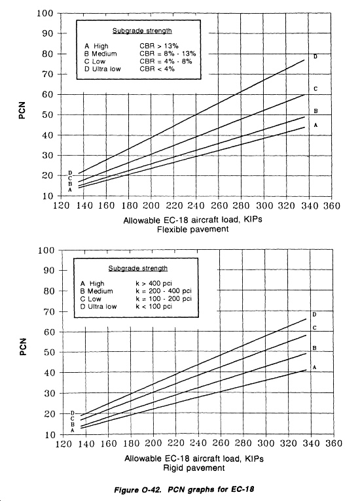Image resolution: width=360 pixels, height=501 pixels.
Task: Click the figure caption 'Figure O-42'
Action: [x=139, y=489]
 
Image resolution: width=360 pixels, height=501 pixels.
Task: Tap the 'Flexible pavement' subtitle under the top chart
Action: [x=193, y=229]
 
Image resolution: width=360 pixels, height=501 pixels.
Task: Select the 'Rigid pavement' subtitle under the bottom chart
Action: [x=194, y=468]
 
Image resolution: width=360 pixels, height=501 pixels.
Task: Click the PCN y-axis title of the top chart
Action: [x=22, y=111]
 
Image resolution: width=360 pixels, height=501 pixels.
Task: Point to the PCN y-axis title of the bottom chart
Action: [x=22, y=347]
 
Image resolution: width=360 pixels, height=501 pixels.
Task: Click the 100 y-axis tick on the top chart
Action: [x=45, y=13]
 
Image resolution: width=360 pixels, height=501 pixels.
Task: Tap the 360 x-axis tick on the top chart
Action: [x=331, y=205]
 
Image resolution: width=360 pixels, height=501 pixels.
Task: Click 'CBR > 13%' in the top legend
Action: [x=159, y=46]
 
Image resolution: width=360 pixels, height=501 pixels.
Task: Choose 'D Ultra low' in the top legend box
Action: [x=103, y=69]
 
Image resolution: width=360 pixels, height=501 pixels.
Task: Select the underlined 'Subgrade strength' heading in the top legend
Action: [x=142, y=31]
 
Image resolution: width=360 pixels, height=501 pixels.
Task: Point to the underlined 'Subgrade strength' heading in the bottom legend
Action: [x=138, y=268]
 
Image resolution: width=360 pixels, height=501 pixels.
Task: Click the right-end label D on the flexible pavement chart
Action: [x=315, y=57]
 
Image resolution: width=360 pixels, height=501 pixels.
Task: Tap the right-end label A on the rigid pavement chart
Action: [x=314, y=368]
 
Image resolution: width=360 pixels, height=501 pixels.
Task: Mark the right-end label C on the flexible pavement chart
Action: [x=315, y=89]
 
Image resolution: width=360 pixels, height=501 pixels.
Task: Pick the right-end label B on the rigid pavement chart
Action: [x=314, y=348]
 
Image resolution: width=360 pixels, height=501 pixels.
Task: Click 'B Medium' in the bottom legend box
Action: [x=97, y=291]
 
